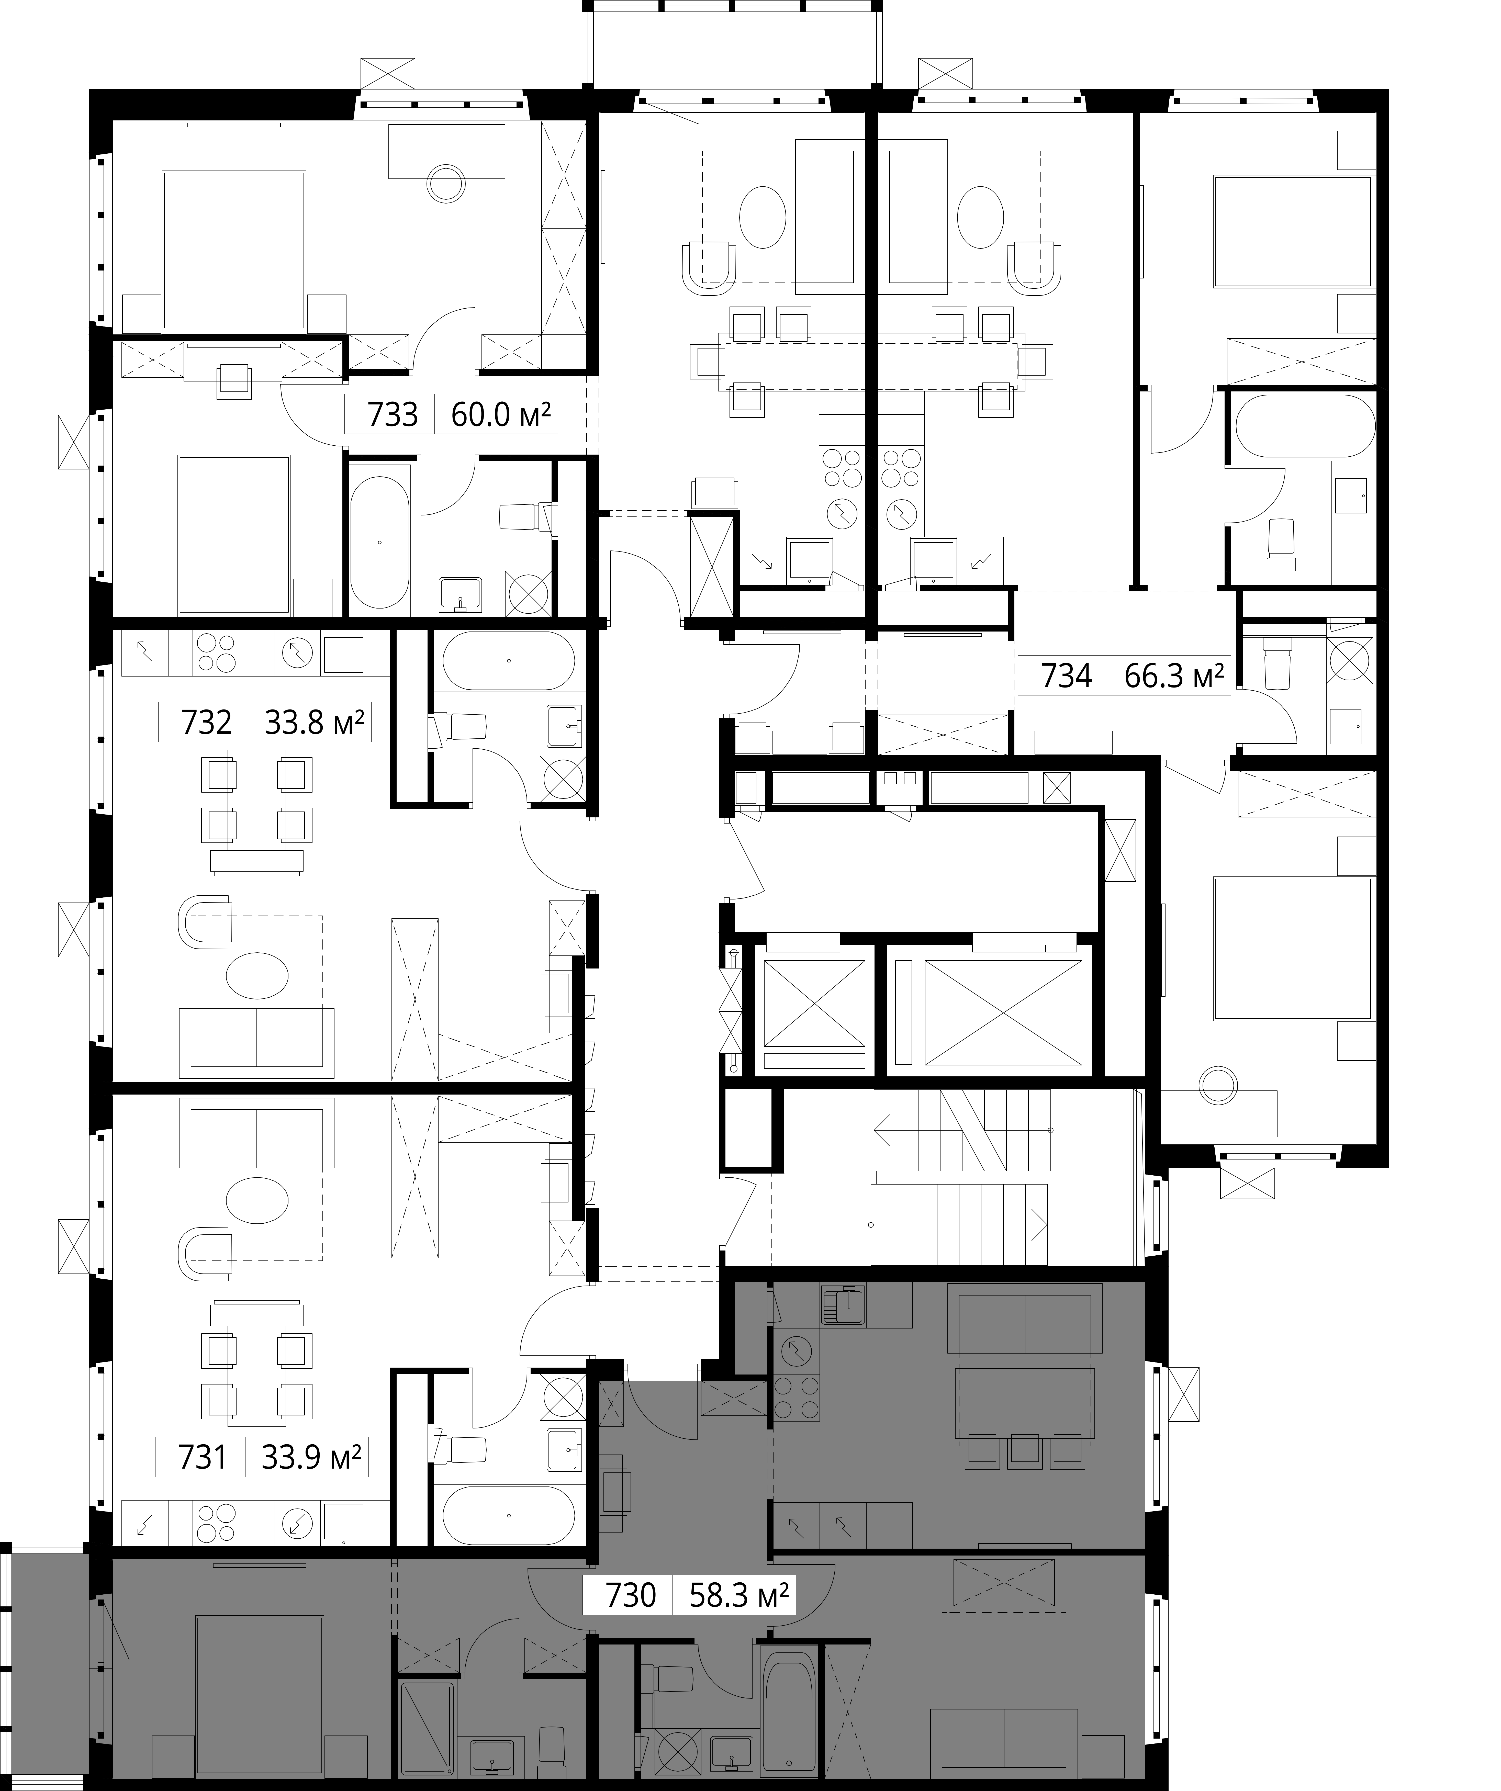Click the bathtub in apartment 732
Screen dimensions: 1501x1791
[508, 661]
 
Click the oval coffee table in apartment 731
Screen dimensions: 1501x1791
[257, 1200]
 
